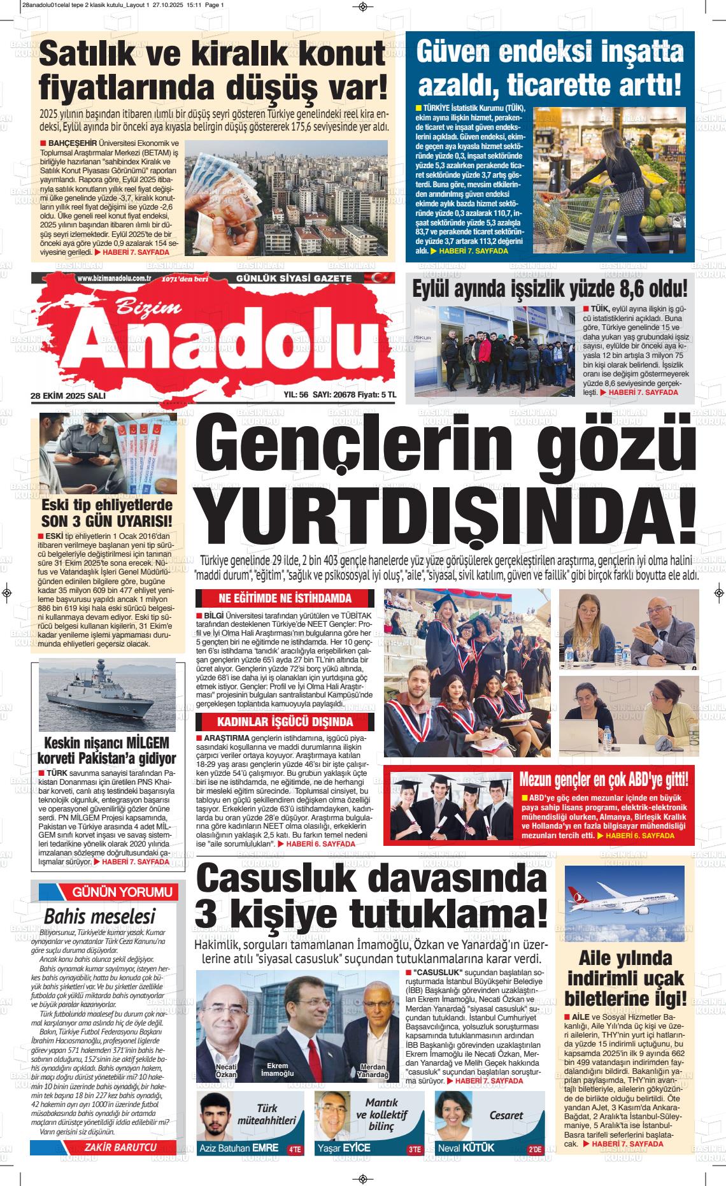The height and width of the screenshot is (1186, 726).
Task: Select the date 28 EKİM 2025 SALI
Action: [x=68, y=396]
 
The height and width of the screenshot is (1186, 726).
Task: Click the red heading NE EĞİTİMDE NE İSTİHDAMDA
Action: [x=285, y=599]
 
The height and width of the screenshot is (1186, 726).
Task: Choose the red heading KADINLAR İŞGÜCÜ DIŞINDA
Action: [x=285, y=722]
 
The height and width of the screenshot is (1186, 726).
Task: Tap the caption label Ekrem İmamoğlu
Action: [x=277, y=1069]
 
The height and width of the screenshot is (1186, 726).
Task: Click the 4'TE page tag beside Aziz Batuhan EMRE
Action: [x=295, y=1150]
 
